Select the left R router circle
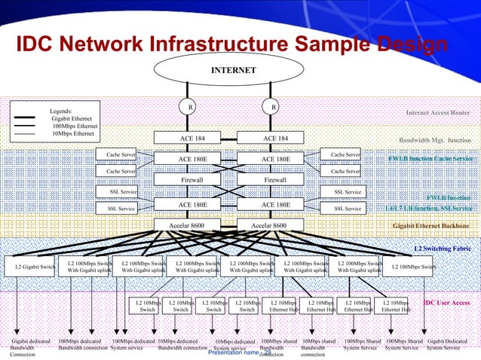point(191,107)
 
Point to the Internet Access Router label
point(438,113)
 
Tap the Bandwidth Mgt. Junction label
point(435,140)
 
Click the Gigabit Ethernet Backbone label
point(431,225)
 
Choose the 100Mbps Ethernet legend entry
point(75,126)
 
